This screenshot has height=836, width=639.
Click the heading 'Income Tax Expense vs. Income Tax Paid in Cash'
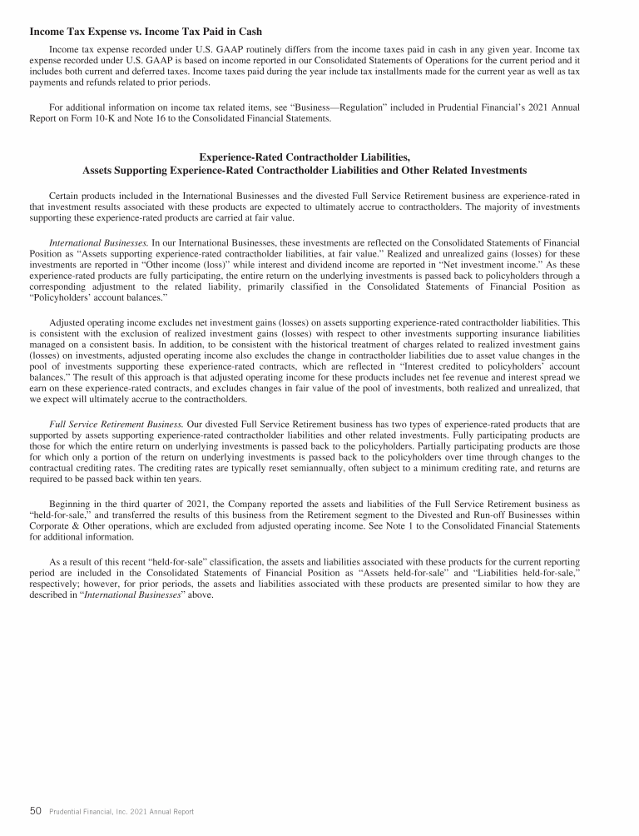pyautogui.click(x=146, y=32)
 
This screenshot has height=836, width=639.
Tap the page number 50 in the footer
pyautogui.click(x=35, y=810)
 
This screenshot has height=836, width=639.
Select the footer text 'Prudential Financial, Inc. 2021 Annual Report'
pyautogui.click(x=121, y=811)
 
